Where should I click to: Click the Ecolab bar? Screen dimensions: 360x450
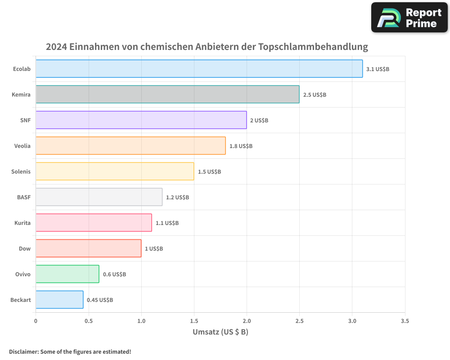pos(199,69)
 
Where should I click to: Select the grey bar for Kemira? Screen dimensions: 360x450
pos(167,94)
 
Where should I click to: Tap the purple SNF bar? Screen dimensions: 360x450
pos(141,120)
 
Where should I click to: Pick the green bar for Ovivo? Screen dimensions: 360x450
pos(67,274)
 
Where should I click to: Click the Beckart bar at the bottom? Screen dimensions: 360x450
pos(59,300)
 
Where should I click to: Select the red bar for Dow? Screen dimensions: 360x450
pos(88,248)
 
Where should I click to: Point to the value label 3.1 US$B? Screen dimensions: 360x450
pos(378,69)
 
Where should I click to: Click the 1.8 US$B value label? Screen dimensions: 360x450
pos(241,146)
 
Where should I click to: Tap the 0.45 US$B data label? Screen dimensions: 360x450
pos(100,300)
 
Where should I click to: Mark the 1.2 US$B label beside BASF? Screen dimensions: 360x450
pos(177,198)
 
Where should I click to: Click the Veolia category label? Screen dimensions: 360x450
pos(22,146)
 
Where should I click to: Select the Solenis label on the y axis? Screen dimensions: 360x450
pos(21,171)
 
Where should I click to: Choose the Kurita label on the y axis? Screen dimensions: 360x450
pos(22,223)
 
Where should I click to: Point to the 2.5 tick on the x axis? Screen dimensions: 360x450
pos(299,321)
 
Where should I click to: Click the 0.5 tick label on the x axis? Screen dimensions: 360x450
pos(88,321)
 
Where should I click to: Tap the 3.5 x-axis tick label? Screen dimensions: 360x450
pos(405,321)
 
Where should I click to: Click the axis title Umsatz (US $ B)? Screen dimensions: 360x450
pos(220,333)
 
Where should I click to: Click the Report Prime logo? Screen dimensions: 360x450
pos(409,18)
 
